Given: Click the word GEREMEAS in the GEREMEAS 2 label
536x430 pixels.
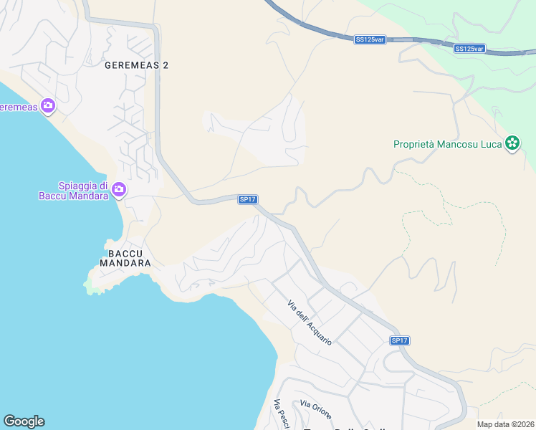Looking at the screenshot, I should click(131, 65).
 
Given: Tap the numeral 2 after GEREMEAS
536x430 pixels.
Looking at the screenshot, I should click(166, 65).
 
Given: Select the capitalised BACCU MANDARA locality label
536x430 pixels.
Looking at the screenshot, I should click(130, 259).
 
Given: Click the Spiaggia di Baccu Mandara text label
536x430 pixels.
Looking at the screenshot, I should click(73, 191).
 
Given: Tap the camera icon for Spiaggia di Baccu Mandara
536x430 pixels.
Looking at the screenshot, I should click(119, 190).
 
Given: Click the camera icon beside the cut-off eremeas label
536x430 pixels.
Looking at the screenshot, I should click(48, 107).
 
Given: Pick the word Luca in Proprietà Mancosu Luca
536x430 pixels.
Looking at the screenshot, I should click(489, 144).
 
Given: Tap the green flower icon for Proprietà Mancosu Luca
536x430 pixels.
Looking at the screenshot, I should click(512, 143).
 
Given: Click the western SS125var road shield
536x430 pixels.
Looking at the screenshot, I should click(370, 39).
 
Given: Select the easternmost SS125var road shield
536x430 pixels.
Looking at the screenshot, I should click(469, 49).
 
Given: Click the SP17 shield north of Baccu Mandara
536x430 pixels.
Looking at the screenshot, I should click(247, 199).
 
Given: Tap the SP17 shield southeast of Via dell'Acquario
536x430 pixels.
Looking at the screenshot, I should click(400, 341).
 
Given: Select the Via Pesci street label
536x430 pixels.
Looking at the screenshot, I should click(280, 415).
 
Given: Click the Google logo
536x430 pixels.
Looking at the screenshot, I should click(24, 421).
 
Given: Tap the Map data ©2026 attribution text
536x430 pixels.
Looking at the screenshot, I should click(506, 424).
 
